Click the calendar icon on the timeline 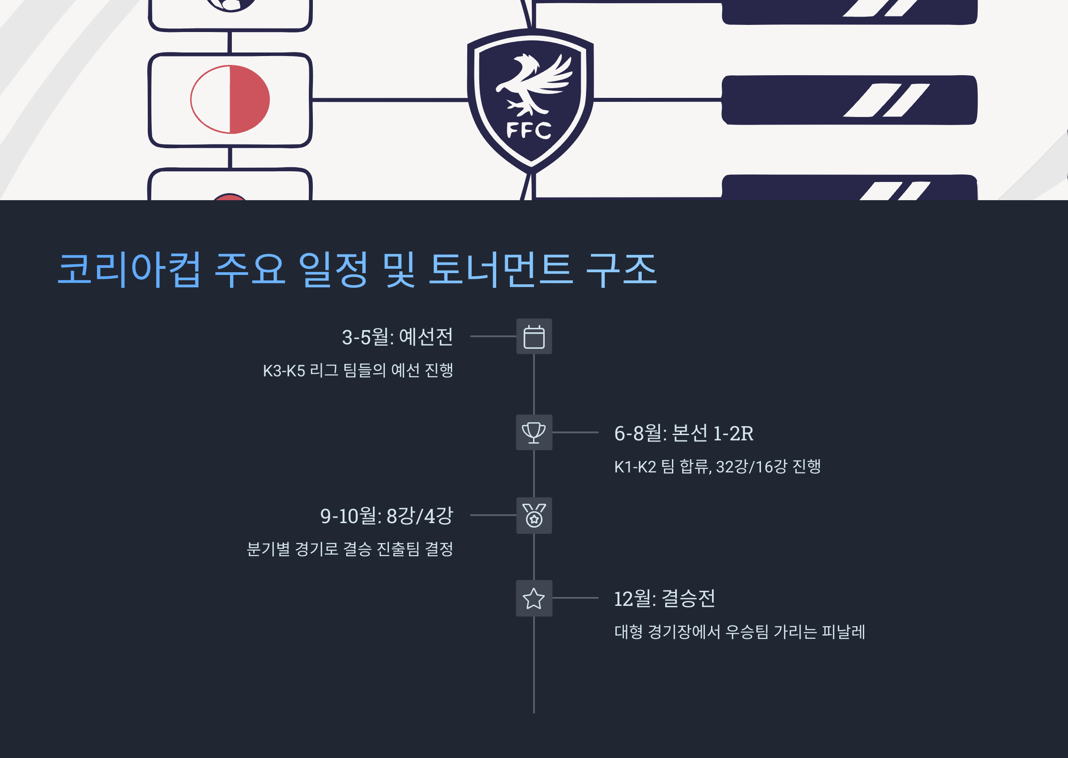click(x=534, y=337)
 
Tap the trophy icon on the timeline click(x=534, y=433)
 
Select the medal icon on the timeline click(x=534, y=515)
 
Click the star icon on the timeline click(x=534, y=598)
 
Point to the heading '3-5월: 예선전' click(x=397, y=337)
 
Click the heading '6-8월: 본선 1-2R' click(x=684, y=433)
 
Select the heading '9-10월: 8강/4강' click(x=387, y=516)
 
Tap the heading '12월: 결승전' click(x=664, y=599)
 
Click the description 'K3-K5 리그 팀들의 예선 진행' click(x=358, y=371)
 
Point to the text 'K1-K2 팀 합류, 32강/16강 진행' click(x=717, y=466)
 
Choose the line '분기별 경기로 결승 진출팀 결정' click(x=350, y=549)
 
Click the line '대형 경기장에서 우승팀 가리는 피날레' click(x=740, y=632)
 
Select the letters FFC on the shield click(x=529, y=130)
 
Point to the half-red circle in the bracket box click(x=230, y=99)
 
